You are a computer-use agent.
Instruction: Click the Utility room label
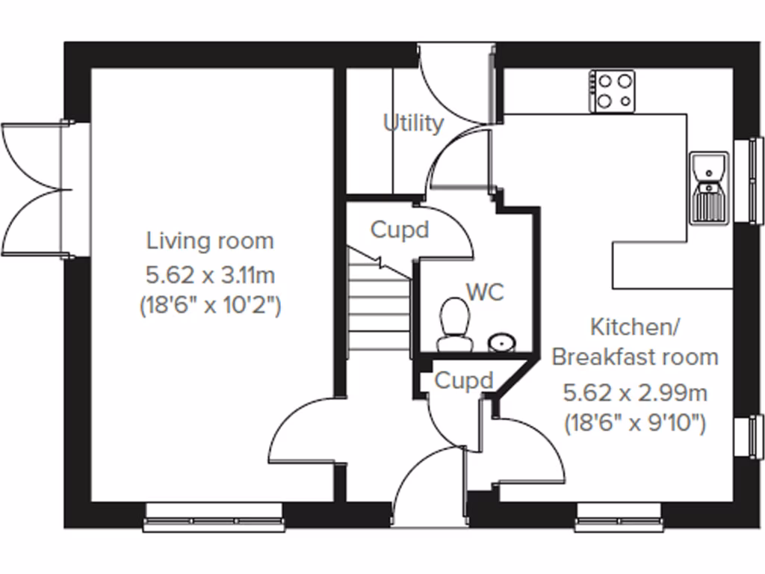coord(413,123)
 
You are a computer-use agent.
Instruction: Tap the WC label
coord(485,291)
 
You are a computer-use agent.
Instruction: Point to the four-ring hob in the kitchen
coord(612,91)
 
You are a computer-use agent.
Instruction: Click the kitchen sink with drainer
coord(707,187)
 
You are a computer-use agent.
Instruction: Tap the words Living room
coord(210,241)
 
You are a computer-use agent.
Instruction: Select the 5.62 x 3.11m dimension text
coord(210,275)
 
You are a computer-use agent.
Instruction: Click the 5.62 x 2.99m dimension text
coord(636,392)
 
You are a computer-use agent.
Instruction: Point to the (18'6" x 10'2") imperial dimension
coord(210,306)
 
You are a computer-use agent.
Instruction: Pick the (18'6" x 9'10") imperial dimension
coord(636,424)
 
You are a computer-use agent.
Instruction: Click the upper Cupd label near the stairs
coord(400,230)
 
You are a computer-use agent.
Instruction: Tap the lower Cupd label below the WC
coord(464,381)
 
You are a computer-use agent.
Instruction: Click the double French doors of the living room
coord(34,190)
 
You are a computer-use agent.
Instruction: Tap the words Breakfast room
coord(635,357)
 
